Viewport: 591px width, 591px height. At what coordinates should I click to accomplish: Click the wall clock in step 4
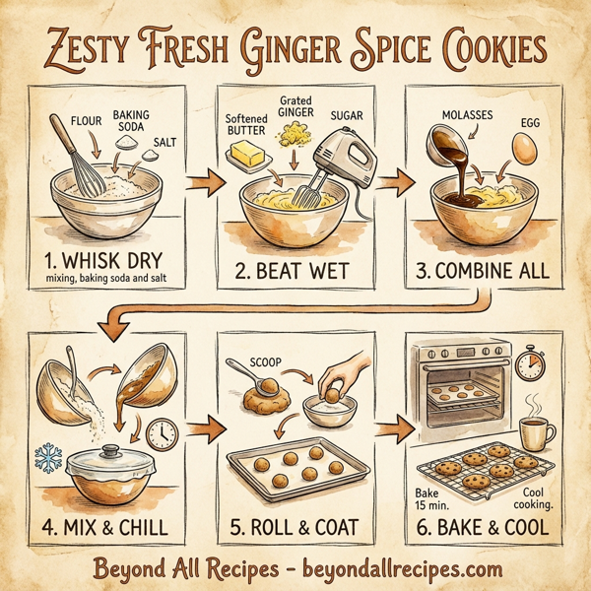click(161, 432)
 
